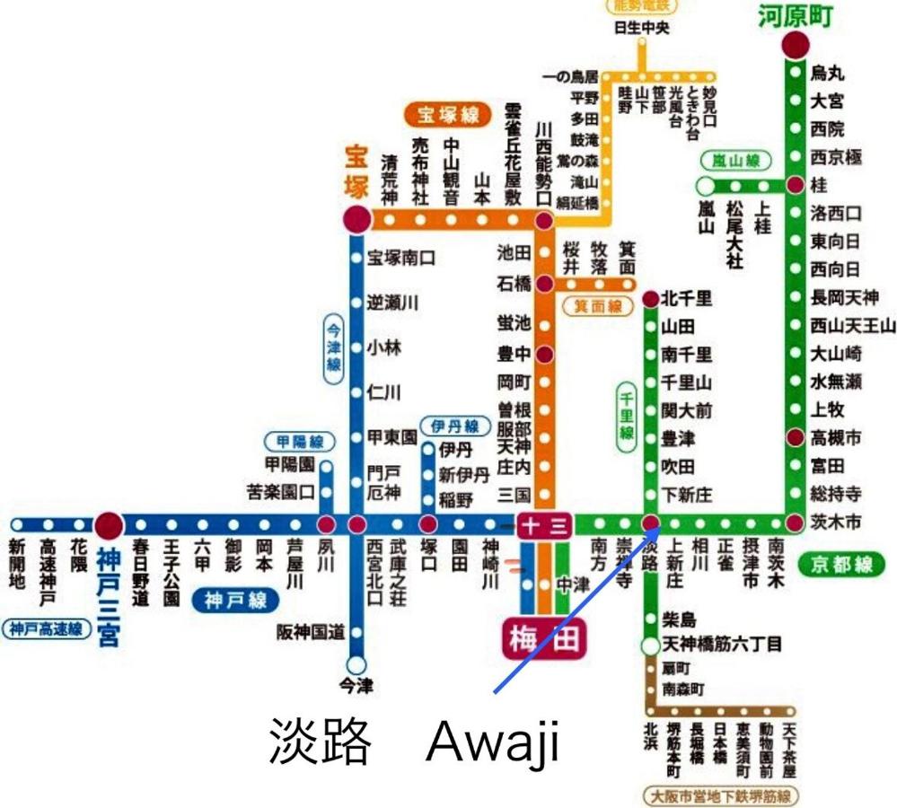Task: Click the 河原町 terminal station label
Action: (796, 16)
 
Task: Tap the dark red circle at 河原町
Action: (795, 45)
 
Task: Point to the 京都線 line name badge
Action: (845, 564)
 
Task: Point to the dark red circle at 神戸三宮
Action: (110, 524)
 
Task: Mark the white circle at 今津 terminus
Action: (356, 665)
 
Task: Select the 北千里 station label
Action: (687, 299)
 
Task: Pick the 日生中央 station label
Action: (642, 27)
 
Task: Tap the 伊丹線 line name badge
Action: (454, 426)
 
